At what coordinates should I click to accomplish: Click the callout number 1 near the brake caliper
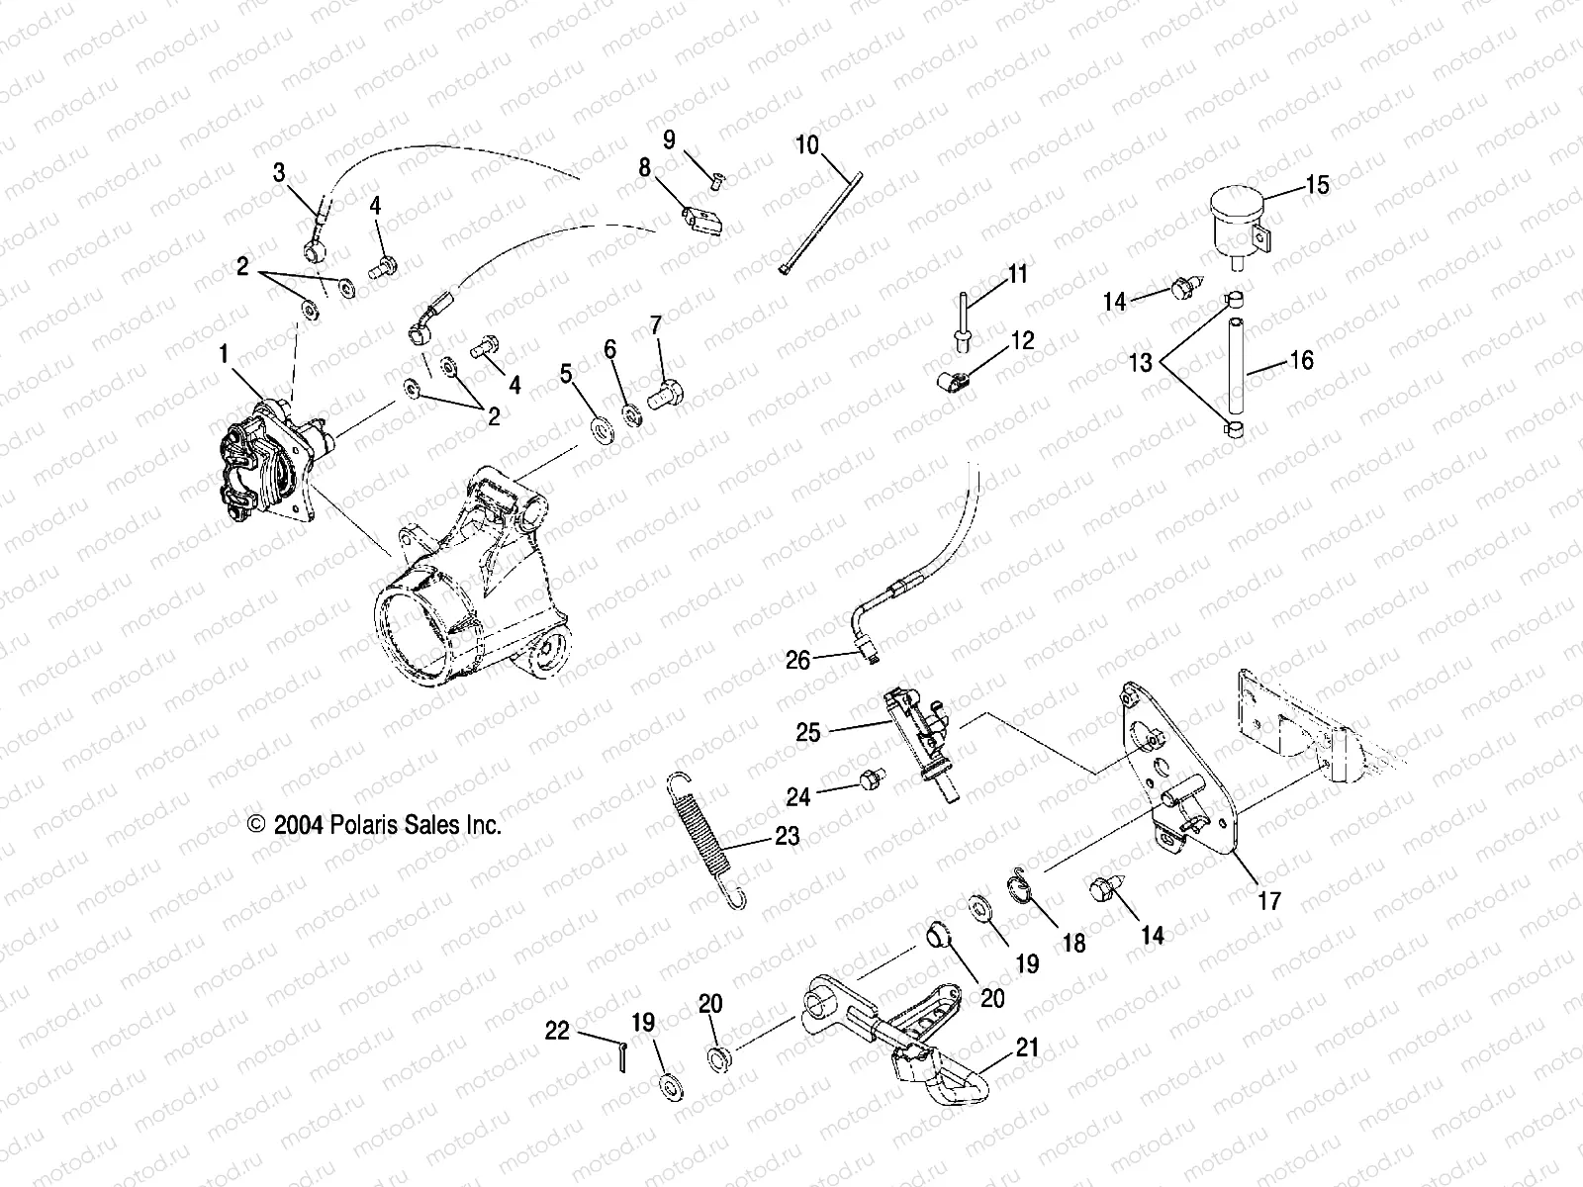[x=225, y=352]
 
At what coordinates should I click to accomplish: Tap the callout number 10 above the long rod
[x=807, y=145]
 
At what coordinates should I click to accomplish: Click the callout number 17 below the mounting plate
[x=1269, y=900]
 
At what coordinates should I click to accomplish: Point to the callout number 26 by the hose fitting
[x=797, y=659]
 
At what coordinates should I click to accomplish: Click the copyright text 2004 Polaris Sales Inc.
[x=376, y=825]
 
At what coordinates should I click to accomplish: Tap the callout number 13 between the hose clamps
[x=1141, y=363]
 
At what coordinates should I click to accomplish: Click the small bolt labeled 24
[x=868, y=781]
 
